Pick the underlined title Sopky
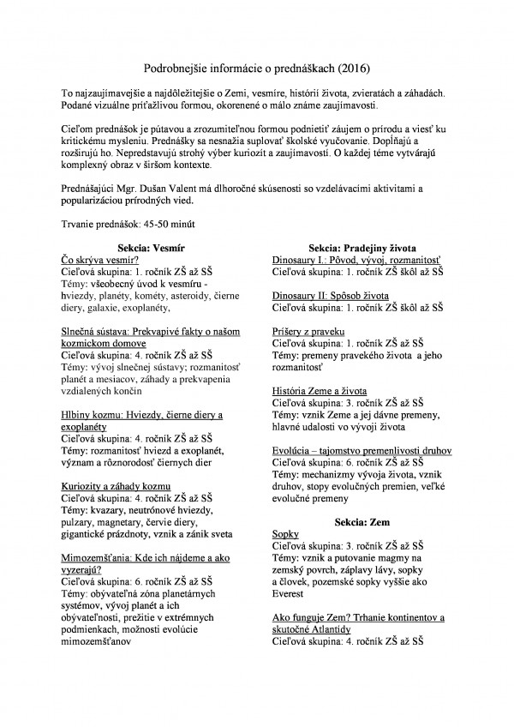click(285, 534)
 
